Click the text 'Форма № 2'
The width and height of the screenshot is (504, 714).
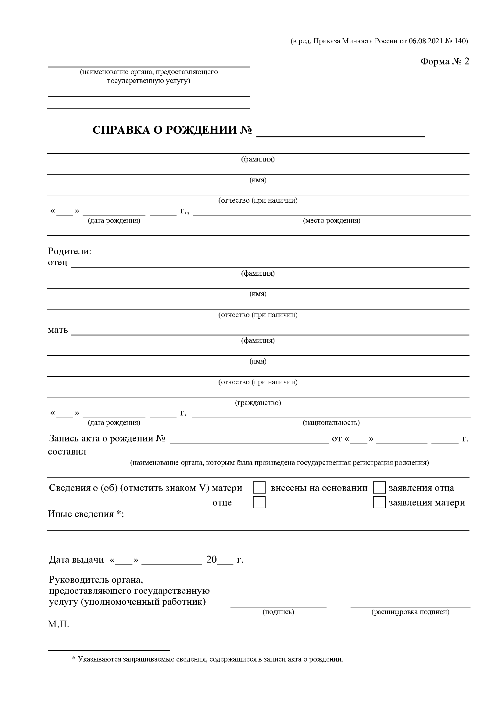click(x=445, y=62)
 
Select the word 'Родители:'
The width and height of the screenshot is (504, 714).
click(x=70, y=251)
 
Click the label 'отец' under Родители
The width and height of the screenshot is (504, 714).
click(x=57, y=263)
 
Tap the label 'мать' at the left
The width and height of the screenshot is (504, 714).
click(x=58, y=330)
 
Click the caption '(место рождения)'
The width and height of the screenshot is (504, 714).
click(x=332, y=221)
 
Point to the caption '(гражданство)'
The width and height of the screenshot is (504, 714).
click(x=258, y=403)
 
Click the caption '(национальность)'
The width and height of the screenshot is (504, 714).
click(x=331, y=422)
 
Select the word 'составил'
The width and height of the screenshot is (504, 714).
click(x=67, y=452)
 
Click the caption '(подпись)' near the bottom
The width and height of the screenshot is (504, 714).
click(x=278, y=612)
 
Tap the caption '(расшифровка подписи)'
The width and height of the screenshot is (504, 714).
click(x=410, y=612)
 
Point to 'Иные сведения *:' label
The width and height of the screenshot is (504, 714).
click(x=86, y=514)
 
